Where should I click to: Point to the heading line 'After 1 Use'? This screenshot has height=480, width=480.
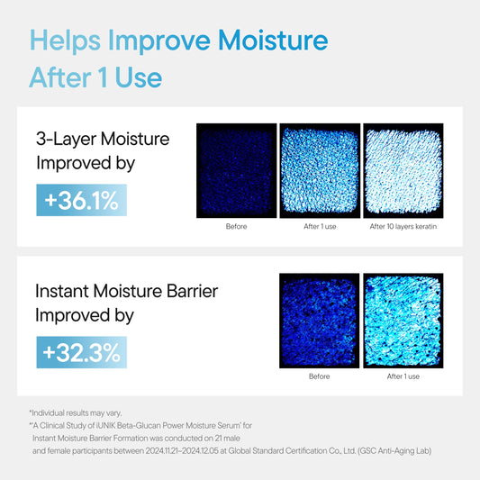[95, 77]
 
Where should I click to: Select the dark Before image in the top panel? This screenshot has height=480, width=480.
[236, 171]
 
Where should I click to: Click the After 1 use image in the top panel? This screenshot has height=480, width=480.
[320, 171]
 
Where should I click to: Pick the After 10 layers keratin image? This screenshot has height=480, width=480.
[403, 171]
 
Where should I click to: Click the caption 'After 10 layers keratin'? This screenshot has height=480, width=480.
[403, 227]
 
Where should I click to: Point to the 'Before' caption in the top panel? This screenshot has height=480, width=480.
[236, 227]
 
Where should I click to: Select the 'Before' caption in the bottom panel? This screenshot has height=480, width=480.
[319, 376]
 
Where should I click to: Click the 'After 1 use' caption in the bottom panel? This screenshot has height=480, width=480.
[403, 376]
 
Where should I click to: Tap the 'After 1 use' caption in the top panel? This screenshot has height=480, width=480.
[320, 227]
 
